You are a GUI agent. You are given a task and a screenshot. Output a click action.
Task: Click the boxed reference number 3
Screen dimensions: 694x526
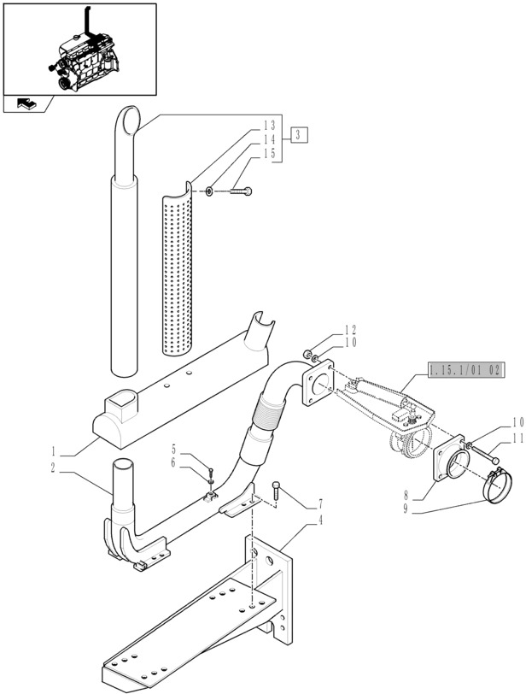pyautogui.click(x=298, y=134)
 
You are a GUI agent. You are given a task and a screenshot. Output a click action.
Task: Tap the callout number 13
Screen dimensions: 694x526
pyautogui.click(x=269, y=126)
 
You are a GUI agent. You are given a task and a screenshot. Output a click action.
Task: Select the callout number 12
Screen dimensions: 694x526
pyautogui.click(x=350, y=329)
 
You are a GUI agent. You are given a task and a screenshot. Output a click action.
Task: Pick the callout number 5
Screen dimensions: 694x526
pyautogui.click(x=173, y=449)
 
